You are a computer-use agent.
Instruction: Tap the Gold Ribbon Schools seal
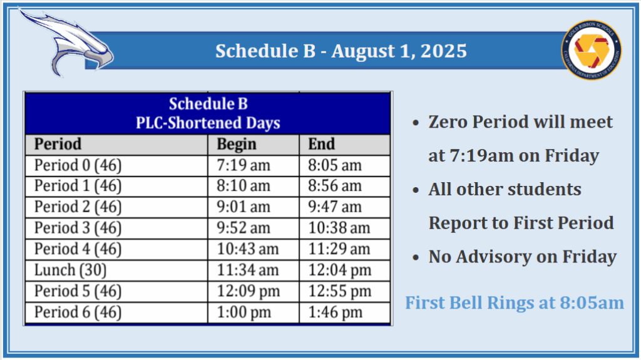pyautogui.click(x=591, y=50)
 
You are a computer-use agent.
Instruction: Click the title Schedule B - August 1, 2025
pyautogui.click(x=341, y=51)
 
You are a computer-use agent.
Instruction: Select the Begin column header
pyautogui.click(x=236, y=144)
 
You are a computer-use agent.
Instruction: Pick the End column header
pyautogui.click(x=321, y=144)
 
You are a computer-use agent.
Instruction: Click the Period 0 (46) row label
pyautogui.click(x=78, y=165)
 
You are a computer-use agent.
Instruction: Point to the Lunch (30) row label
pyautogui.click(x=70, y=270)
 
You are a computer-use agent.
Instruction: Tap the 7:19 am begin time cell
pyautogui.click(x=244, y=165)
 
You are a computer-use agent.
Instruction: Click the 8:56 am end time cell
pyautogui.click(x=335, y=186)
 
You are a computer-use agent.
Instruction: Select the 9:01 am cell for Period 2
pyautogui.click(x=244, y=207)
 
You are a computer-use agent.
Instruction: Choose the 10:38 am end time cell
pyautogui.click(x=339, y=228)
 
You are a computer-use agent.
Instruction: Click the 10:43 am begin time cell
pyautogui.click(x=247, y=249)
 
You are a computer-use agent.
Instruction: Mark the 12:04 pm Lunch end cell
pyautogui.click(x=340, y=270)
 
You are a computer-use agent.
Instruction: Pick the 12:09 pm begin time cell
pyautogui.click(x=248, y=291)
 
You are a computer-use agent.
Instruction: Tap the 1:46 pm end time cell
pyautogui.click(x=336, y=312)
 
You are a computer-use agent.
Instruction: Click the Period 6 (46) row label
pyautogui.click(x=78, y=312)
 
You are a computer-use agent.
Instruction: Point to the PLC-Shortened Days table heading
pyautogui.click(x=208, y=123)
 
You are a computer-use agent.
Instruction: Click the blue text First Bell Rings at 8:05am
pyautogui.click(x=515, y=303)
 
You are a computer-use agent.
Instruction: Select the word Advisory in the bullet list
pyautogui.click(x=493, y=257)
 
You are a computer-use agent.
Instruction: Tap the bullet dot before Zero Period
pyautogui.click(x=416, y=122)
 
